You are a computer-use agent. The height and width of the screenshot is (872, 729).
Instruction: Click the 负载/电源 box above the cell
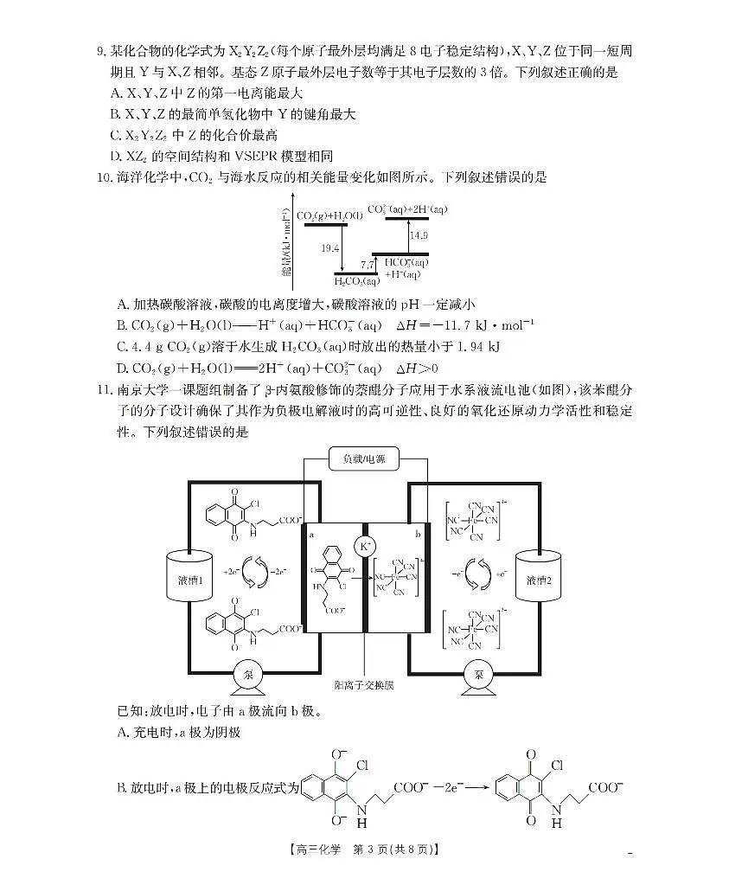[364, 459]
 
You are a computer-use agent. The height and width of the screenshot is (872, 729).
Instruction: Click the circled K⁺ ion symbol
[364, 547]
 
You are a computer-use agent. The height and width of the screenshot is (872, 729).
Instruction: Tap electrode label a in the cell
[310, 535]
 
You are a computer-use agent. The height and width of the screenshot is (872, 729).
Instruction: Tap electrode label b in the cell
[418, 535]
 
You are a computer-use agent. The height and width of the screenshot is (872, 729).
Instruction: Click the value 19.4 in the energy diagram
[329, 248]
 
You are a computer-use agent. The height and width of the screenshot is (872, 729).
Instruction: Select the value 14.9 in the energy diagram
[419, 235]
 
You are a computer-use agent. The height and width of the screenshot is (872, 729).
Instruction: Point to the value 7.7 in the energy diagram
[367, 265]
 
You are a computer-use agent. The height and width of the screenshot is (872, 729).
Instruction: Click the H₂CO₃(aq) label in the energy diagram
[356, 280]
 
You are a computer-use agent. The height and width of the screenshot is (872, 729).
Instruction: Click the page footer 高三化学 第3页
[364, 851]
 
